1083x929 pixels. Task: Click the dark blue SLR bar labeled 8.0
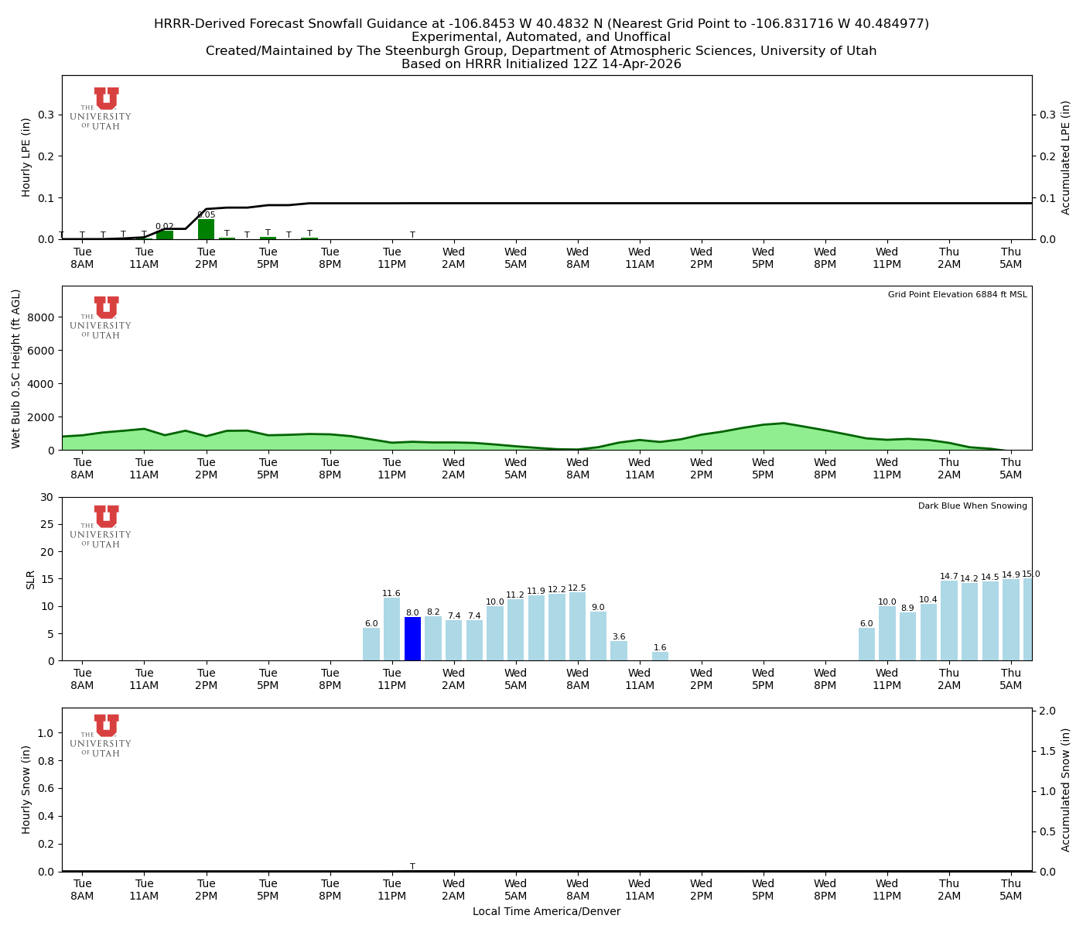tap(412, 639)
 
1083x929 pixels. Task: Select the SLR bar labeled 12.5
tap(577, 626)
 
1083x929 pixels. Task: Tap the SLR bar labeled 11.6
tap(391, 629)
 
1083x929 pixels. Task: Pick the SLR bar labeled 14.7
tap(948, 620)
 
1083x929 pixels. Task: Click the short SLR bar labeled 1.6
tap(660, 656)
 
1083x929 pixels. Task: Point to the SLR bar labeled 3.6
tap(619, 651)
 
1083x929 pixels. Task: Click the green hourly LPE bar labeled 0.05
tap(206, 230)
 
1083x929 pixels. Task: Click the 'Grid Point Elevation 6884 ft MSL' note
tap(957, 295)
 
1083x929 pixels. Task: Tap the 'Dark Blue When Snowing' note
tap(972, 506)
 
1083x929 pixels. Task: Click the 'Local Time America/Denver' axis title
tap(546, 912)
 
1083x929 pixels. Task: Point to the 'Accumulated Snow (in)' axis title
tap(1066, 790)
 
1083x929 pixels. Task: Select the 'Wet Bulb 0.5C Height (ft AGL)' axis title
tap(16, 369)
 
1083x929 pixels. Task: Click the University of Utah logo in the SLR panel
tap(101, 526)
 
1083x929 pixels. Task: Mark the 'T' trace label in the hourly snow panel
tap(412, 866)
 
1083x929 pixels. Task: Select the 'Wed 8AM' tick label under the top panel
tap(577, 258)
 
